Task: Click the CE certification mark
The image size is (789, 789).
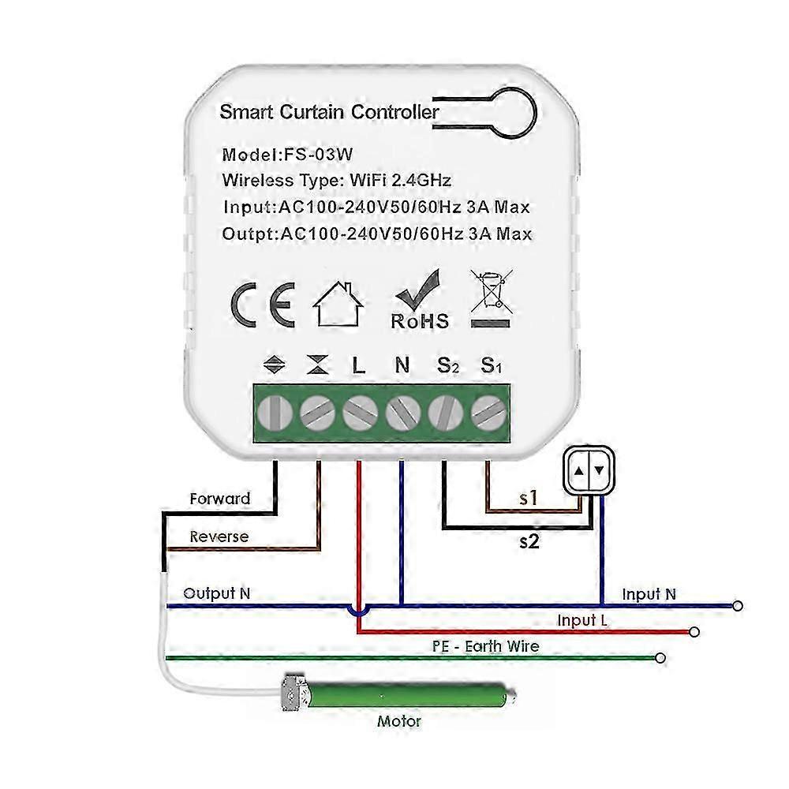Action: [x=263, y=305]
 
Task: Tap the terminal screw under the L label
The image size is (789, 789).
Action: [x=360, y=411]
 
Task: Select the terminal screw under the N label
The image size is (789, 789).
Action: [x=402, y=411]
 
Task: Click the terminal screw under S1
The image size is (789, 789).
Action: [x=488, y=411]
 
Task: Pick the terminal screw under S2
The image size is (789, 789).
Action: [x=446, y=411]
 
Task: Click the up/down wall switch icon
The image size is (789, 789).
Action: [x=589, y=471]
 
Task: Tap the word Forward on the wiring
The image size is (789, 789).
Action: [x=220, y=499]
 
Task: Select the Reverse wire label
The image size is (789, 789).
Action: [x=219, y=537]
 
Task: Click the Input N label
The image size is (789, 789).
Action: [x=649, y=594]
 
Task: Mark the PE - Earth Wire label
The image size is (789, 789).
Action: [x=486, y=646]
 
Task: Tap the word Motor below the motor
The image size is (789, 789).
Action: [x=399, y=720]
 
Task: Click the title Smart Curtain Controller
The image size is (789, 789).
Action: [x=329, y=112]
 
